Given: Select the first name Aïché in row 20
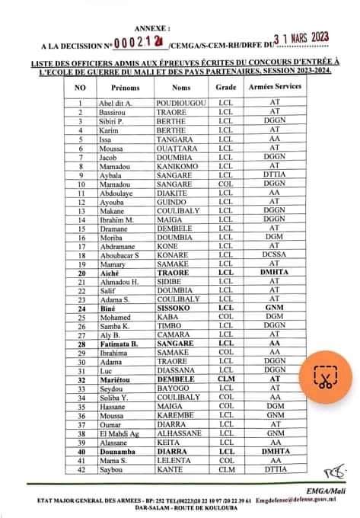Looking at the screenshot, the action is pos(110,273).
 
